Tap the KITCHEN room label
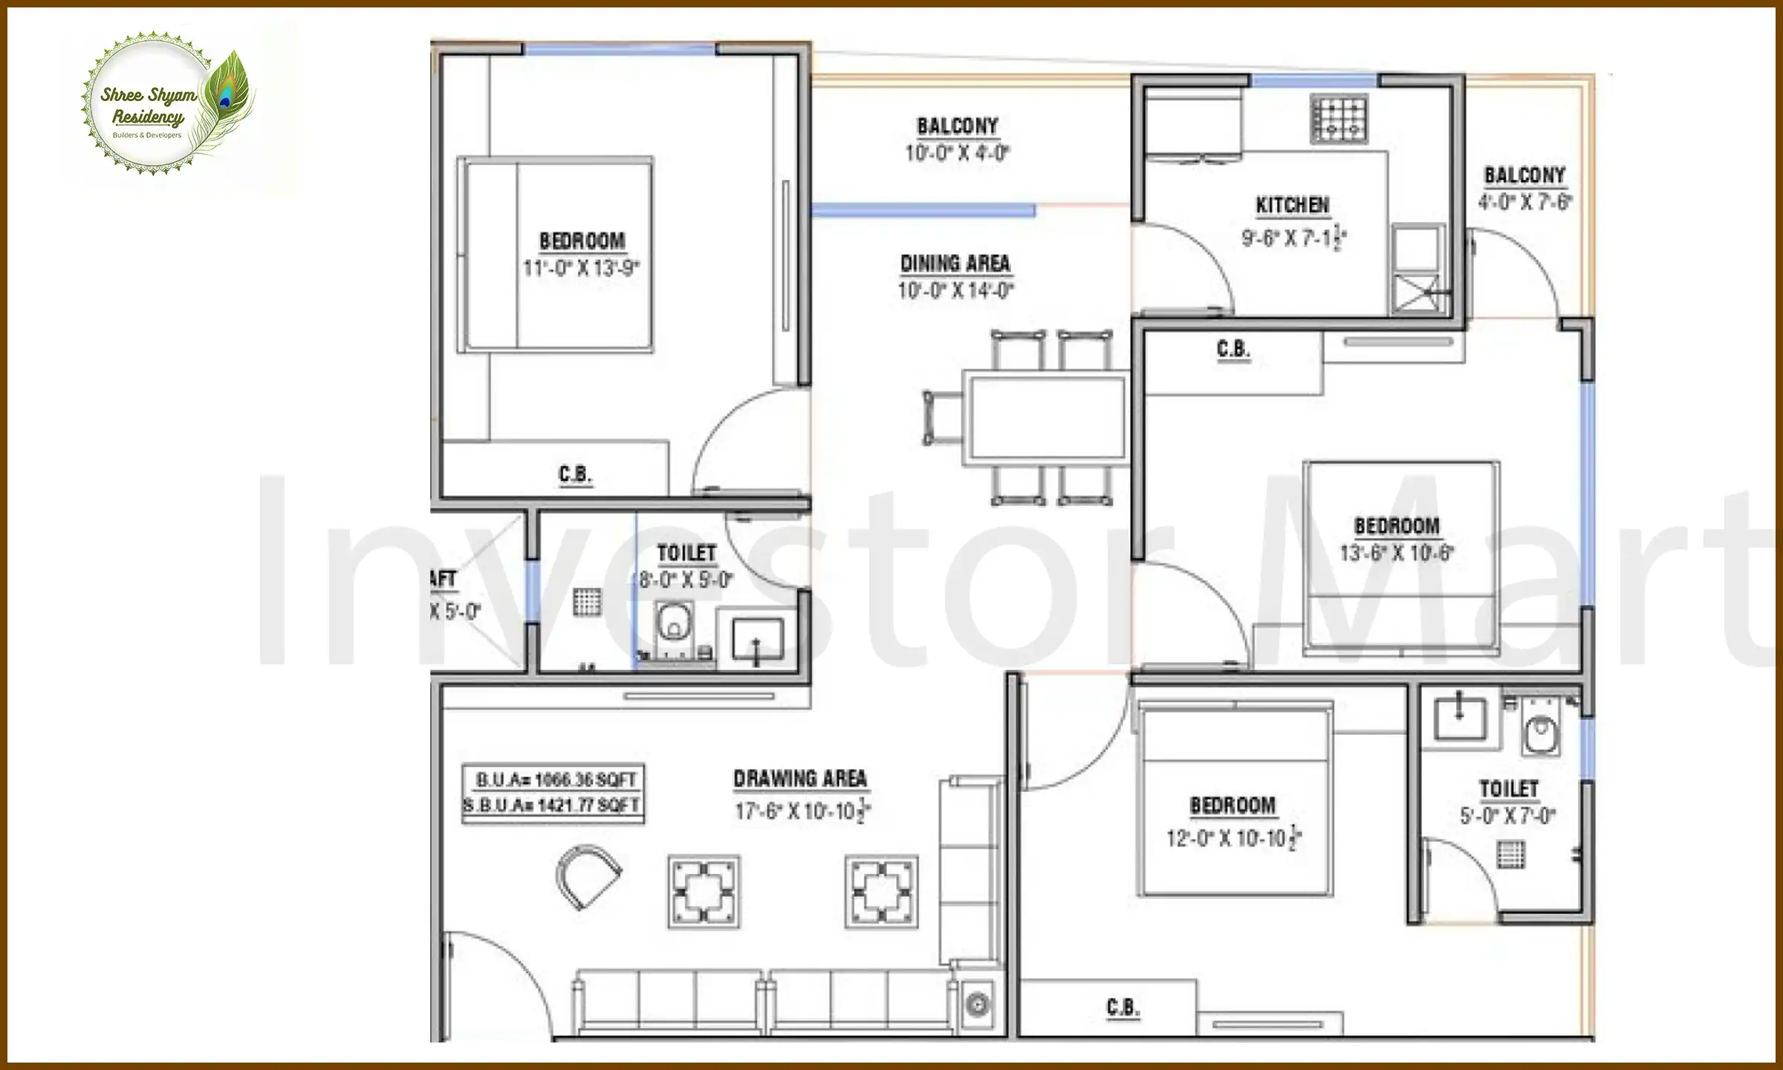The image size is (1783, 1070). pos(1292,205)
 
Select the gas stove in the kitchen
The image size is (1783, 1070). pos(1339,119)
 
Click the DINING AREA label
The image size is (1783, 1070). pos(955,264)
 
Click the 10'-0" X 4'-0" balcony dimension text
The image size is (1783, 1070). pos(957,153)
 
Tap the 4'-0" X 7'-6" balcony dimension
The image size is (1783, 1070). pos(1525,202)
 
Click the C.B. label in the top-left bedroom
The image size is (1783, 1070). pos(575,474)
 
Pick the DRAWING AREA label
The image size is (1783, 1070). pos(800,779)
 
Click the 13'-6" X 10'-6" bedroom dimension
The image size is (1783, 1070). pos(1397,554)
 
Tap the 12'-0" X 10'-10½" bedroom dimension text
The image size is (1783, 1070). pos(1233,839)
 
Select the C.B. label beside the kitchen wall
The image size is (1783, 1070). pos(1233,349)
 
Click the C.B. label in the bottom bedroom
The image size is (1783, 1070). pos(1123,1008)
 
